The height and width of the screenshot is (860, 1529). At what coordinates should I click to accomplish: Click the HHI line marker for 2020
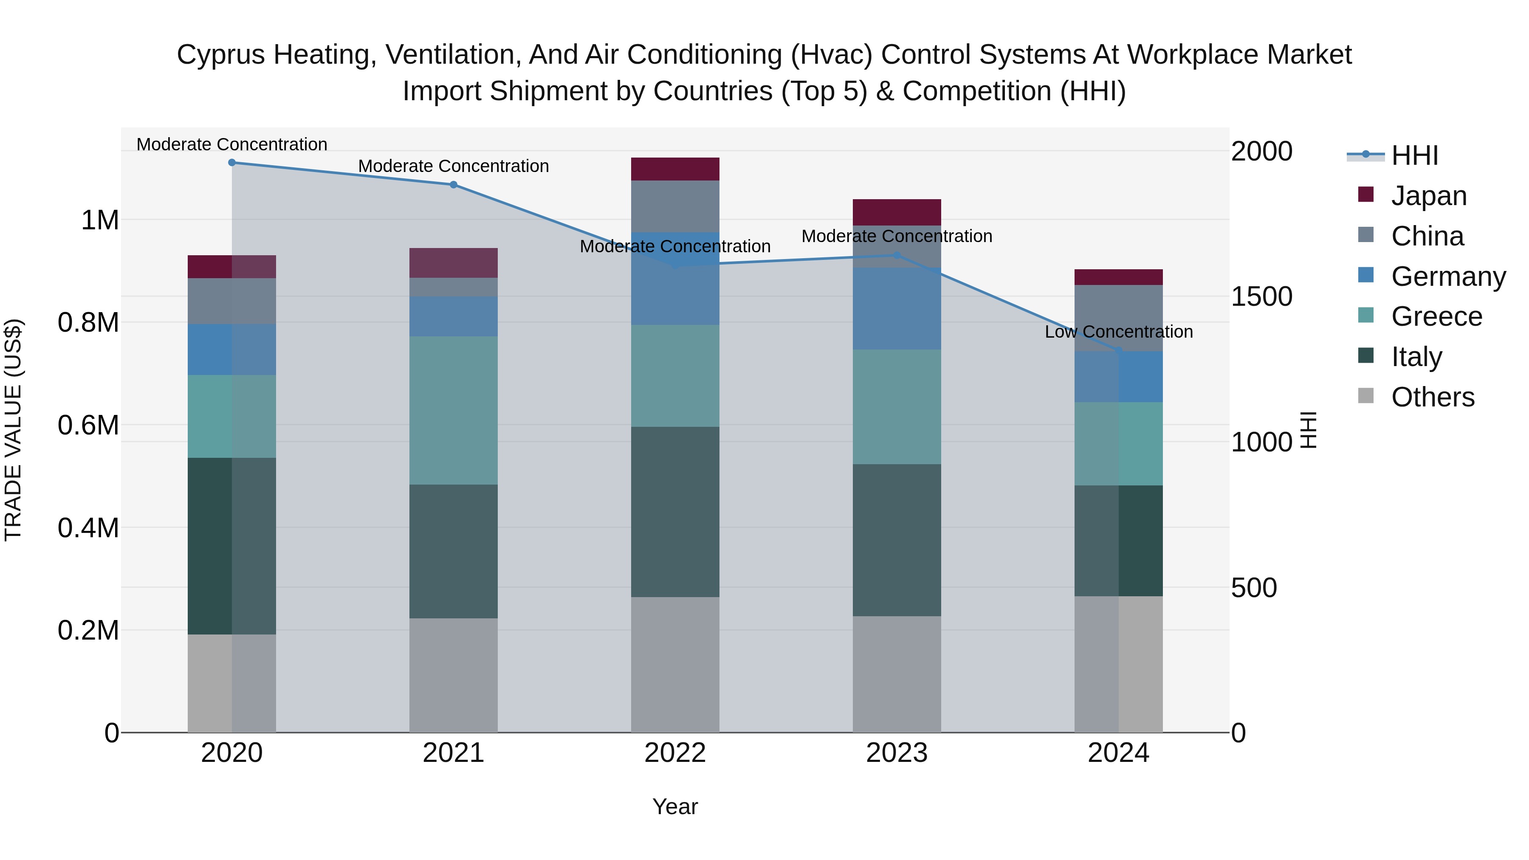pyautogui.click(x=232, y=163)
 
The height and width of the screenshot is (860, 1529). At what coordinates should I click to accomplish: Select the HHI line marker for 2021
pyautogui.click(x=454, y=185)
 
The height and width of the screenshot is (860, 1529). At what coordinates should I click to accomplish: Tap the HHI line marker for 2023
pyautogui.click(x=897, y=256)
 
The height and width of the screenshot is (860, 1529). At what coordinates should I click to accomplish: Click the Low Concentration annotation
pyautogui.click(x=1119, y=332)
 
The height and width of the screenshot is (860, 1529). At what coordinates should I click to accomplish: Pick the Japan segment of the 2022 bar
pyautogui.click(x=675, y=169)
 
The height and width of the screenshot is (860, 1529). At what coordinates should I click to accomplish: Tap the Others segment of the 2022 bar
pyautogui.click(x=675, y=664)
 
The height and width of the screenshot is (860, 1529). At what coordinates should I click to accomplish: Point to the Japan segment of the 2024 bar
pyautogui.click(x=1118, y=277)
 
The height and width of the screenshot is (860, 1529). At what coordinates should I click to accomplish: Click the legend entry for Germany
pyautogui.click(x=1448, y=276)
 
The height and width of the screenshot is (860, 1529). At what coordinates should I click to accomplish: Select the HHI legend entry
pyautogui.click(x=1414, y=155)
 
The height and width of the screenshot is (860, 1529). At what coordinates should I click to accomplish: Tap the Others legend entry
pyautogui.click(x=1432, y=397)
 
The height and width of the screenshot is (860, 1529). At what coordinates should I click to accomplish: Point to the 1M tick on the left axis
pyautogui.click(x=100, y=220)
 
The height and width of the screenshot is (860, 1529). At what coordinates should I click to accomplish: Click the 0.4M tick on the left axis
pyautogui.click(x=88, y=527)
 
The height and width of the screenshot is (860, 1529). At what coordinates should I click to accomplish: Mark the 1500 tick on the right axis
pyautogui.click(x=1261, y=297)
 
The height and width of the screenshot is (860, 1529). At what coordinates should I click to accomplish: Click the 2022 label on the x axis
pyautogui.click(x=675, y=753)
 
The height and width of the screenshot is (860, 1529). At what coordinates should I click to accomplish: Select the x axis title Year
pyautogui.click(x=675, y=806)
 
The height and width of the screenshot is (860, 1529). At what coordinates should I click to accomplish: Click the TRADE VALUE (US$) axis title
pyautogui.click(x=13, y=430)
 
